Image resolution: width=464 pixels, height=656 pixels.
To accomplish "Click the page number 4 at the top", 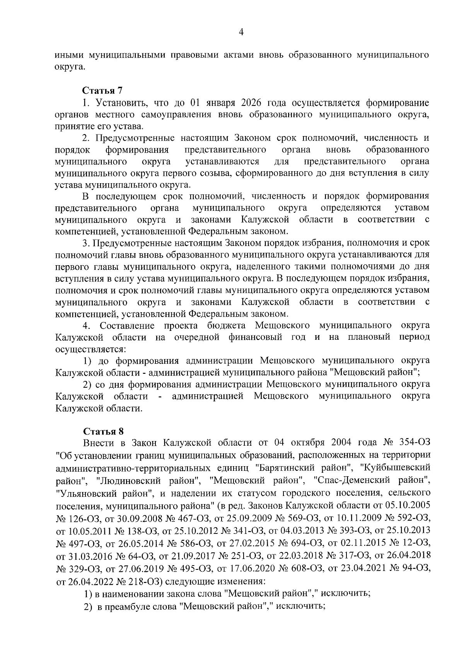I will [x=241, y=33].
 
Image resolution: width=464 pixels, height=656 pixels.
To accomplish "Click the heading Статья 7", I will [x=102, y=91].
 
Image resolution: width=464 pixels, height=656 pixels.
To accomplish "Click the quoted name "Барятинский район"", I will [x=304, y=468].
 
